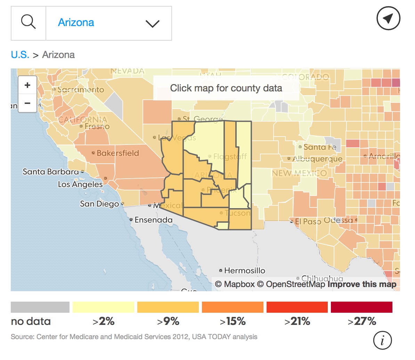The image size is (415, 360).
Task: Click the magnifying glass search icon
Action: (29, 23)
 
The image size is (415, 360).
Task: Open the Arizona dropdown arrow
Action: (152, 24)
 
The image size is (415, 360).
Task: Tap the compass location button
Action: (388, 18)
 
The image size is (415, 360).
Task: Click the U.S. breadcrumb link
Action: (20, 55)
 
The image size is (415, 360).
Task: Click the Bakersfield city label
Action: (117, 153)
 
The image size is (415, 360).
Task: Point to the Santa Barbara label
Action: (51, 172)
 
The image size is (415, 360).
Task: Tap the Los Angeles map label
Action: (80, 185)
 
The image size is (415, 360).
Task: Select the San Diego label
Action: (99, 204)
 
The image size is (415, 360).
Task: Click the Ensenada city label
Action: (153, 220)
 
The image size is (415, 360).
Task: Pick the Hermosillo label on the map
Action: (244, 270)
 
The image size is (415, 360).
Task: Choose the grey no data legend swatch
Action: (40, 307)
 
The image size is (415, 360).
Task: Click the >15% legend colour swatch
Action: (233, 307)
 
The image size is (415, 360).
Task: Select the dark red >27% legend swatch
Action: (361, 307)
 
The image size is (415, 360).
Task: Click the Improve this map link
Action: (362, 284)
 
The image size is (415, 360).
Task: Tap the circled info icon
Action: (382, 340)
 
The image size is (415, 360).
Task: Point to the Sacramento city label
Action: (81, 90)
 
